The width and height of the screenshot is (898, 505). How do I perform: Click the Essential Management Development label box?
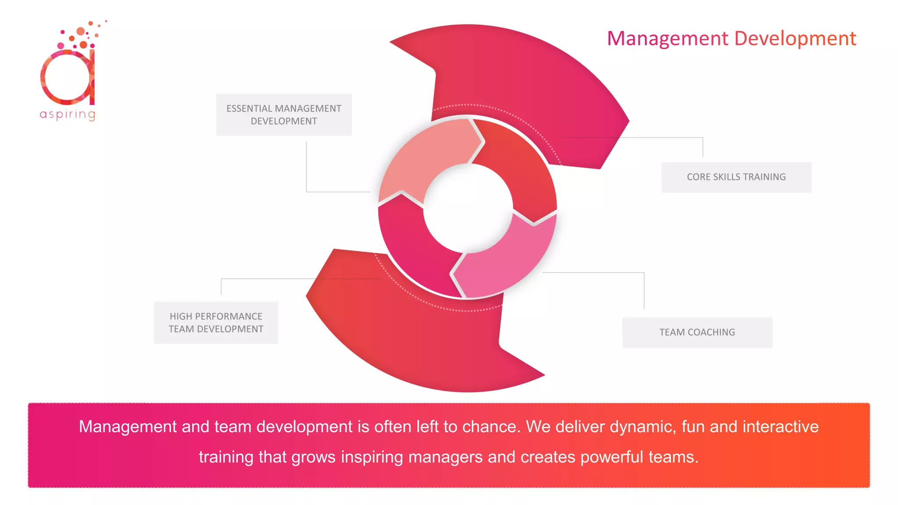click(x=284, y=114)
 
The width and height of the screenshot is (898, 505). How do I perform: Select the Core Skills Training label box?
click(x=736, y=177)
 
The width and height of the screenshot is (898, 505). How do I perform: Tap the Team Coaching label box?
click(x=697, y=332)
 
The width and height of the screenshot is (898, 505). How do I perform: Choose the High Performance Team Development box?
click(x=216, y=323)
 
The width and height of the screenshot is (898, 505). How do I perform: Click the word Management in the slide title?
click(x=667, y=39)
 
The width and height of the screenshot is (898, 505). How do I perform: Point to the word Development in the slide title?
click(x=795, y=39)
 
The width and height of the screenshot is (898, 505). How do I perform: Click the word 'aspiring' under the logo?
click(x=68, y=114)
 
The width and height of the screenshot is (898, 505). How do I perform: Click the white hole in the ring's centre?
click(x=468, y=209)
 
